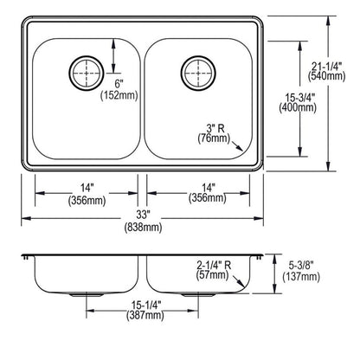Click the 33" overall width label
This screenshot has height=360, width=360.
click(x=143, y=215)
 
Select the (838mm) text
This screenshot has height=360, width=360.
click(x=143, y=228)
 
